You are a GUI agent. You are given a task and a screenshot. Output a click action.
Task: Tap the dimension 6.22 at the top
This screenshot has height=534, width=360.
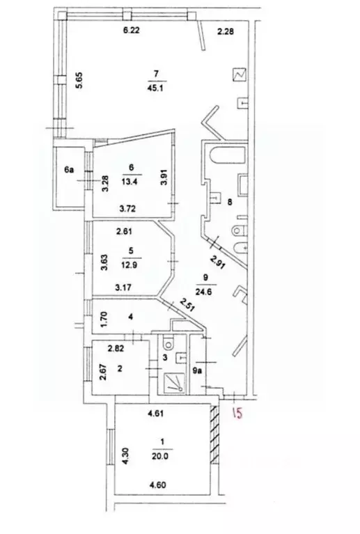click(131, 31)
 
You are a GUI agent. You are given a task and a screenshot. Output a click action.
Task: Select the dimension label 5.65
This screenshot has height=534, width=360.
click(79, 80)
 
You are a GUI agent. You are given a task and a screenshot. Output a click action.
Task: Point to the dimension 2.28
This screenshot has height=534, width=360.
click(226, 31)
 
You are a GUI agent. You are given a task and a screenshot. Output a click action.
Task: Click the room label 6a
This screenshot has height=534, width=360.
click(69, 169)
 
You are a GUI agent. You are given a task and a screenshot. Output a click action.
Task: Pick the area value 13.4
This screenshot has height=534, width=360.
click(130, 182)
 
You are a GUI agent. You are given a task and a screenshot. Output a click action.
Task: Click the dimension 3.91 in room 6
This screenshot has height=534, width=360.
click(164, 178)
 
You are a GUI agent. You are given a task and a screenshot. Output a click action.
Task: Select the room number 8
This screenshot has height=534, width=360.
click(230, 202)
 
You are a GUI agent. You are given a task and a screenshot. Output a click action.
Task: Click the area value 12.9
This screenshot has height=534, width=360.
click(129, 265)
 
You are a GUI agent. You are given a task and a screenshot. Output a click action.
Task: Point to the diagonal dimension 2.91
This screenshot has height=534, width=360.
click(217, 262)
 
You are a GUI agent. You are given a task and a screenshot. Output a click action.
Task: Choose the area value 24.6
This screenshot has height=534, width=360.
click(204, 292)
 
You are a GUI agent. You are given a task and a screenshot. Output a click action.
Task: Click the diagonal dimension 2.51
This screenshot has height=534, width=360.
click(187, 305)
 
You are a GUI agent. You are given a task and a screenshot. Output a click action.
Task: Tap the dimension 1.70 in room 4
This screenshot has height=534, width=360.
click(105, 320)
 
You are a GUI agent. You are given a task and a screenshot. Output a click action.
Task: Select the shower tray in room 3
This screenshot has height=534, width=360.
click(174, 383)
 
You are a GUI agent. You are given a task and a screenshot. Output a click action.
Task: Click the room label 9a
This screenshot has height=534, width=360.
click(197, 371)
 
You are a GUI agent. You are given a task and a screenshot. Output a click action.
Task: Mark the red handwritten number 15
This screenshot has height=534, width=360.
click(237, 413)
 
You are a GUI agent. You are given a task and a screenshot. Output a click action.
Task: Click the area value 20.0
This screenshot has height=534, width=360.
click(160, 456)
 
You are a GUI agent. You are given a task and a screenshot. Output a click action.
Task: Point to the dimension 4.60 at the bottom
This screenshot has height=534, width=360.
click(157, 485)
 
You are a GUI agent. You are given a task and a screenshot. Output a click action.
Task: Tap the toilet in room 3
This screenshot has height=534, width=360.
click(169, 343)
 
